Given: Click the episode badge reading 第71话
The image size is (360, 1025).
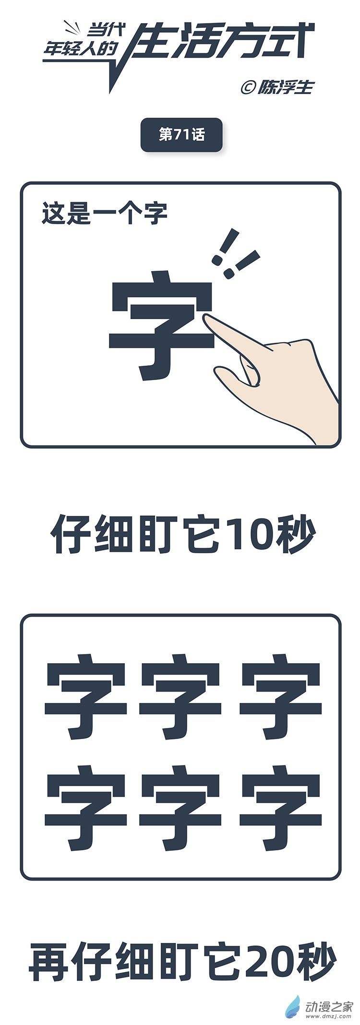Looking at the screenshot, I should pos(181,135).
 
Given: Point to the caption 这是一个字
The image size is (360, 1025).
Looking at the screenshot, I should pos(104,214).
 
